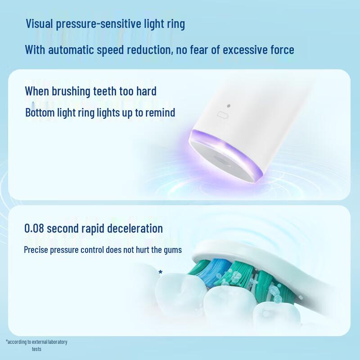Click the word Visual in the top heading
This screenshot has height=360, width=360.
[x=39, y=24]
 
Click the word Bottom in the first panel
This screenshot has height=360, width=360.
[x=39, y=112]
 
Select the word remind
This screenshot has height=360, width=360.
[x=160, y=112]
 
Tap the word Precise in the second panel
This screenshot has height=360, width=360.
[x=36, y=250]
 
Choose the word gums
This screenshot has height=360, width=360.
[x=173, y=250]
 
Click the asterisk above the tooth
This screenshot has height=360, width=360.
[x=160, y=272]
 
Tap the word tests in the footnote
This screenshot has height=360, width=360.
[x=36, y=349]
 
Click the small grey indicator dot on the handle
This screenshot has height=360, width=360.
[x=229, y=106]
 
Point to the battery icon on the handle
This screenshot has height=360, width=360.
[x=222, y=116]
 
